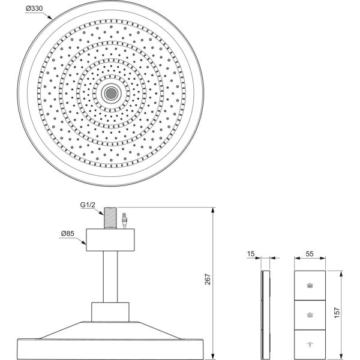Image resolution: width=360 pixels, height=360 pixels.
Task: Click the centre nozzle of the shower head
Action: (x=110, y=92)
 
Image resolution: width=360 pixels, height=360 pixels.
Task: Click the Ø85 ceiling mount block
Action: (x=110, y=239)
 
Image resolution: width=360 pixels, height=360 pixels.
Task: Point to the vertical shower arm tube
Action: (x=110, y=276)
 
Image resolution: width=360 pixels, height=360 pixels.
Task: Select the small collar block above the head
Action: (x=110, y=311)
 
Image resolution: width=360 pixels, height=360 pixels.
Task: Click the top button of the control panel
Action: (x=310, y=286)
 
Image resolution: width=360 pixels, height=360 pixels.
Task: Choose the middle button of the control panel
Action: (x=310, y=314)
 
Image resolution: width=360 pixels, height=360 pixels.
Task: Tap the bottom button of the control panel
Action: (x=310, y=343)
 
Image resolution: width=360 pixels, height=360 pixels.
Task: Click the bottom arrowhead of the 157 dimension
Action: (x=342, y=355)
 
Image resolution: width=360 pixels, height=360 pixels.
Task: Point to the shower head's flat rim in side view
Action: (x=110, y=349)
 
